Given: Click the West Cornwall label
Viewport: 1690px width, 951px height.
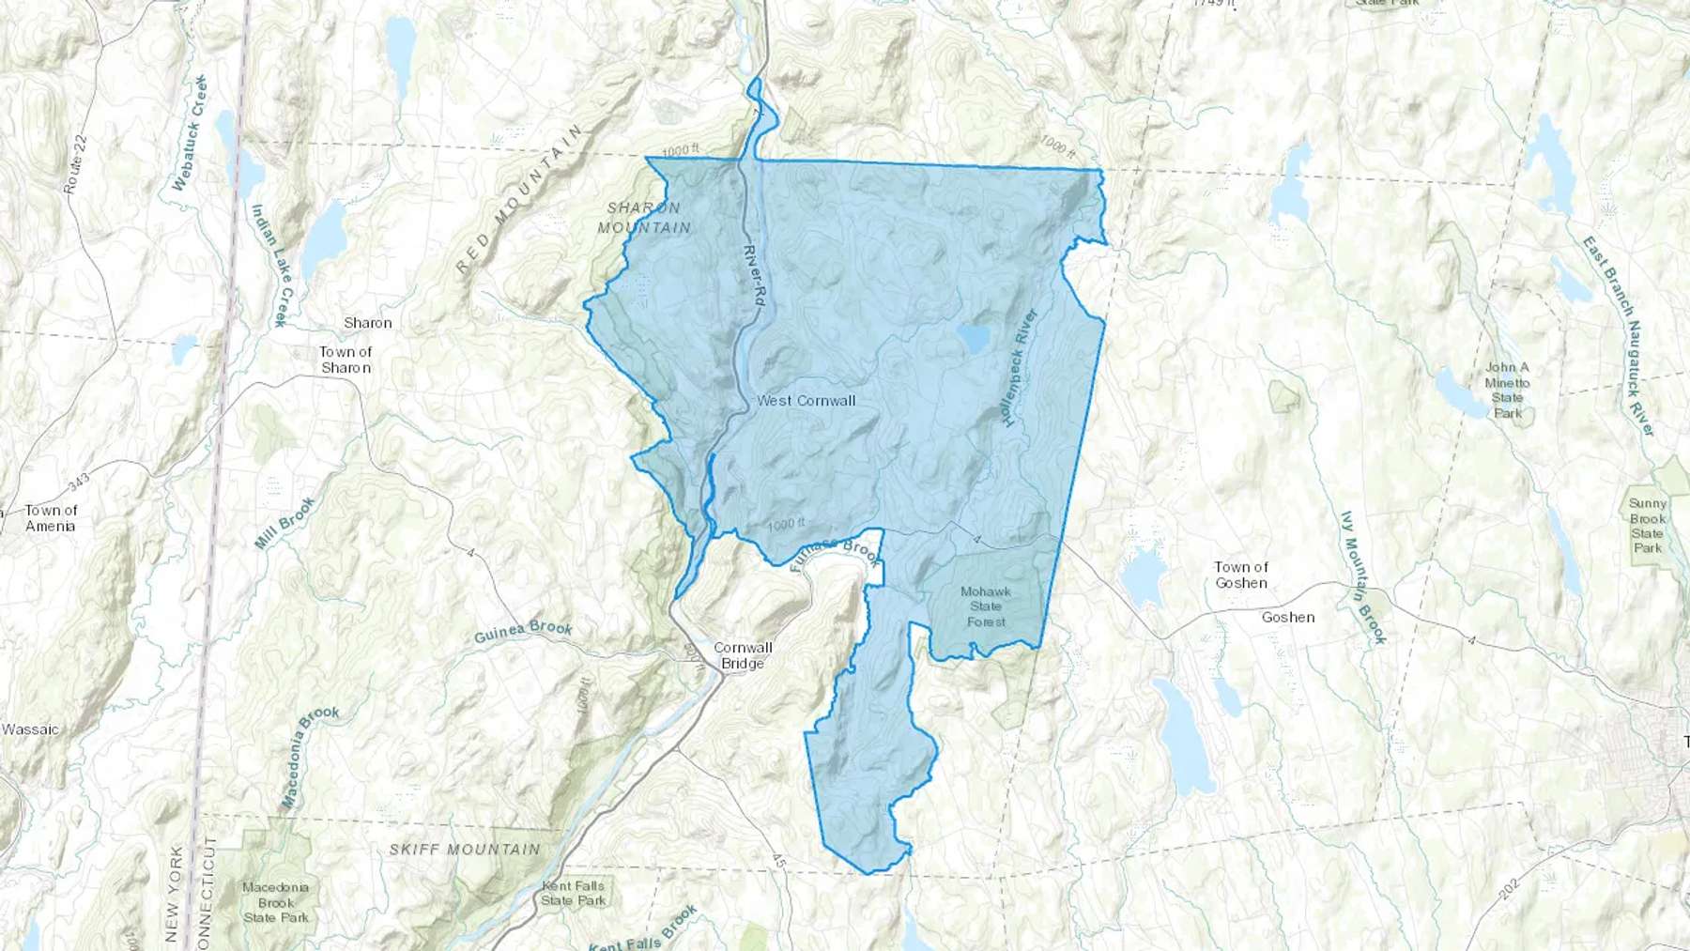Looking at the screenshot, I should (x=806, y=401).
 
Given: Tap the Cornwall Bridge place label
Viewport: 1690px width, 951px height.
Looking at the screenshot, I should (x=743, y=655).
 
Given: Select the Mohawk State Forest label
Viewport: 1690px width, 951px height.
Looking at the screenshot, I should (x=986, y=606).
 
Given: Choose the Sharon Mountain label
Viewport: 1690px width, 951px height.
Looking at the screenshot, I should (x=644, y=218).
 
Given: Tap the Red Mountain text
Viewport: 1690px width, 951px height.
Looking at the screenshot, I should (x=519, y=199).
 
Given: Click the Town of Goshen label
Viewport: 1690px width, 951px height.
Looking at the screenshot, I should (x=1240, y=575).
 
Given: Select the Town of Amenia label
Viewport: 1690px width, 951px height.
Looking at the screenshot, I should (x=51, y=518).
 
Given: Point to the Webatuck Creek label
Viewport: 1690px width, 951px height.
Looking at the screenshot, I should (x=189, y=133).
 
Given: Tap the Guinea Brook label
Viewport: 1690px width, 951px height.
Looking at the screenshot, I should (x=523, y=632).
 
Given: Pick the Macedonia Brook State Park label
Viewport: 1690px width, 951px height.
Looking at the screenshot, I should (x=275, y=902).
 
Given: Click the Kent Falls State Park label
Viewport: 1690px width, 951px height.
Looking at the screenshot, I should (x=573, y=893).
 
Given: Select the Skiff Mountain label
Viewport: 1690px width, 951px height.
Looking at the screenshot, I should (x=465, y=850).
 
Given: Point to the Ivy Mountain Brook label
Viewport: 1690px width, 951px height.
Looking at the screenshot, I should (x=1363, y=577).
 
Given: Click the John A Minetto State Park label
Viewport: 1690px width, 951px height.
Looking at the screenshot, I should (x=1507, y=390).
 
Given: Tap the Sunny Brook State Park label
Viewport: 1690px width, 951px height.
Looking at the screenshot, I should (x=1647, y=526).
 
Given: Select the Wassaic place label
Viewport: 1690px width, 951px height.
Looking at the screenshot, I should (x=30, y=729).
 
